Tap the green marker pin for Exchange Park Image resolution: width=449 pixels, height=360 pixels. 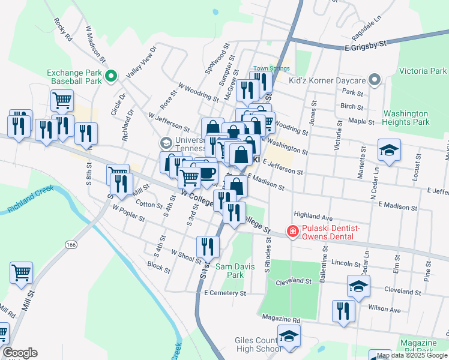(110, 76)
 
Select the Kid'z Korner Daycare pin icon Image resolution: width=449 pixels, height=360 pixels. (375, 80)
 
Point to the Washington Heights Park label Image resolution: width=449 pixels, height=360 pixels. (406, 117)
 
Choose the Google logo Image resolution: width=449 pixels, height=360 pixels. (20, 353)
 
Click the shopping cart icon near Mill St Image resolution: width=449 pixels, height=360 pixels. (22, 272)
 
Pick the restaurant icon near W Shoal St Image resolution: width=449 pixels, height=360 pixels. (208, 246)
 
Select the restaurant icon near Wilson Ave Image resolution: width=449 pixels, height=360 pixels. (343, 311)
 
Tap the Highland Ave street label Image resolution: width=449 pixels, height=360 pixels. (313, 215)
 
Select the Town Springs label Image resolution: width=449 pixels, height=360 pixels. (271, 68)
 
